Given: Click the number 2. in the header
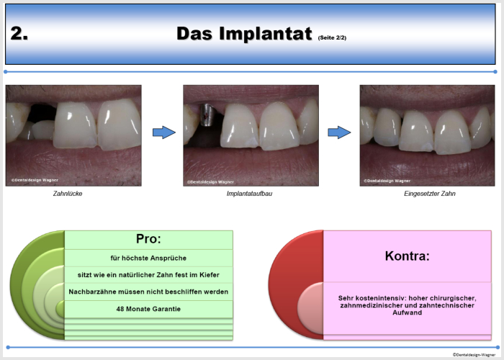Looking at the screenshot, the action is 19,33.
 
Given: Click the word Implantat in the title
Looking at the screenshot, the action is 266,34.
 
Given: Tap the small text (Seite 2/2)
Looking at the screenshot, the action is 332,37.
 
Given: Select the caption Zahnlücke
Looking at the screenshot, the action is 68,194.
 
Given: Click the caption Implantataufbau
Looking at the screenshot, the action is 249,194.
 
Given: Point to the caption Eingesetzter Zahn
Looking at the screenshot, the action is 430,194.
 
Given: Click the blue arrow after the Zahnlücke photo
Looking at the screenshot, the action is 164,132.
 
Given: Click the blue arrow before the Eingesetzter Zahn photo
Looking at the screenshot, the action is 339,132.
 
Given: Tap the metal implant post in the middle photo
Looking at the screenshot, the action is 206,114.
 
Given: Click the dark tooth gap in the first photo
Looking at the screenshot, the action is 42,113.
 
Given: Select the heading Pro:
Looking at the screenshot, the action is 148,239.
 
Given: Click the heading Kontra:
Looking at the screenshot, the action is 408,256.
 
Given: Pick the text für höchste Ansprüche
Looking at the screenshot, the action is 148,258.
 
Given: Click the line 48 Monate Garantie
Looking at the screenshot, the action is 148,309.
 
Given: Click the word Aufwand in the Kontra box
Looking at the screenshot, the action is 408,312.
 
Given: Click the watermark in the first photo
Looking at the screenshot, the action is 35,180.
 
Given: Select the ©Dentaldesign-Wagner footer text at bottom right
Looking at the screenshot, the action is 474,355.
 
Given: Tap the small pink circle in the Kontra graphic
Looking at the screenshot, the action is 310,308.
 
